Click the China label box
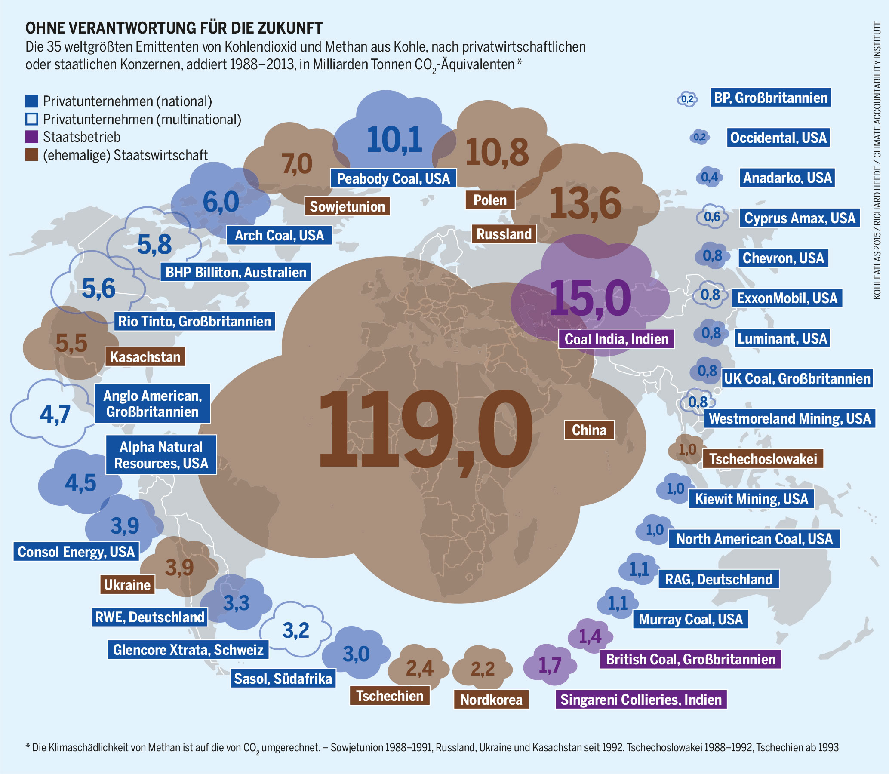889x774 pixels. coord(589,430)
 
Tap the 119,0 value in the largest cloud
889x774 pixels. coord(425,428)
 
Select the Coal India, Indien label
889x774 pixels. coord(616,339)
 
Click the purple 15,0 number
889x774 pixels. coord(590,298)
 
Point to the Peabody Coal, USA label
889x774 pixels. coord(394,178)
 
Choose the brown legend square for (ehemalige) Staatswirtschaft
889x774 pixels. coord(31,155)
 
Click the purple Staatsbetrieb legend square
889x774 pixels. coord(31,137)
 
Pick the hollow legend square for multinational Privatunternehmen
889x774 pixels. coord(31,119)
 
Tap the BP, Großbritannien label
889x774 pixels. coord(770,98)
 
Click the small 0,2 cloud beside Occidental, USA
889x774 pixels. coord(699,137)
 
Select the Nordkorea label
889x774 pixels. coord(491,700)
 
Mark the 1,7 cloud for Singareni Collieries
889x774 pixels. coord(550,666)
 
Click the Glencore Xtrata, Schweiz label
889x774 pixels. coord(188,650)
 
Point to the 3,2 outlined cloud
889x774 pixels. coord(296,631)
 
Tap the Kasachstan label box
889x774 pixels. coord(145,357)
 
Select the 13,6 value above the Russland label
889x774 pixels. coord(585,203)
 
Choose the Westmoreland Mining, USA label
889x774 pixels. coord(790,418)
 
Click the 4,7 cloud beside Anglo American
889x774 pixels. coord(55,415)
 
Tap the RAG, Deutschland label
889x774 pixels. coord(718,579)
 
